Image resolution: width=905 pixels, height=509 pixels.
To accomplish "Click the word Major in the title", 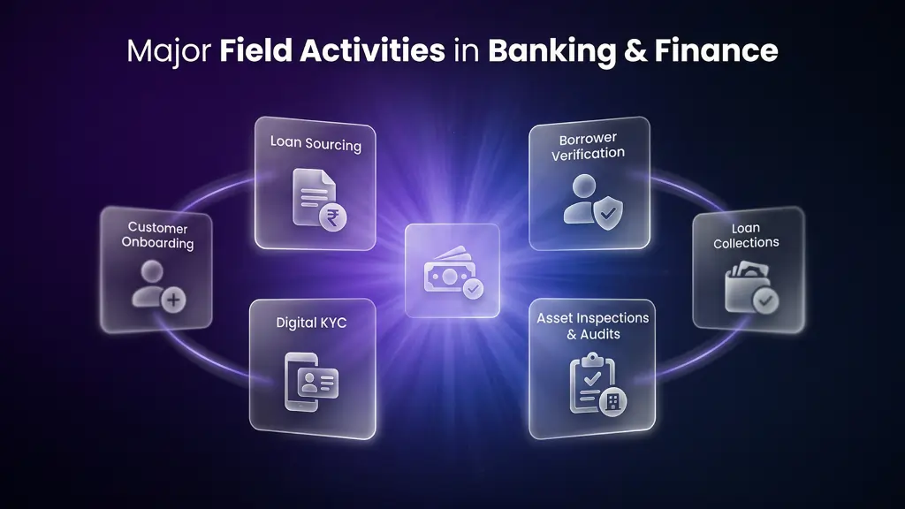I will pos(168,50).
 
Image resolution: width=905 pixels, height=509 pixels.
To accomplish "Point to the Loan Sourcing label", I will pos(316,143).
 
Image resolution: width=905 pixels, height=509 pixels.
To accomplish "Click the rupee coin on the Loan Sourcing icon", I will pos(335,217).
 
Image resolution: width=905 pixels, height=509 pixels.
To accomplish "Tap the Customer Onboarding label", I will pos(158,236).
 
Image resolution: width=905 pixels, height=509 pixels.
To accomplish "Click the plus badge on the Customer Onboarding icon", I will pos(174,300).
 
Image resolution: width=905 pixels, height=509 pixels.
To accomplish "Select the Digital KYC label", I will pos(311,323).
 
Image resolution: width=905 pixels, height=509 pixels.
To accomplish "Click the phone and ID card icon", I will pos(312,382).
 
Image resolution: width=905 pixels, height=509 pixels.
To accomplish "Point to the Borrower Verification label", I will pos(589,147).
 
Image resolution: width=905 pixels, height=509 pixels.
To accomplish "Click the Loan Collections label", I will pos(746,236).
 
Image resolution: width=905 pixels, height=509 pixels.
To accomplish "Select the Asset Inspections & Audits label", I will pos(592,326).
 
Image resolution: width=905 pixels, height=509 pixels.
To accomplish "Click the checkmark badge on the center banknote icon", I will pos(475,288).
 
